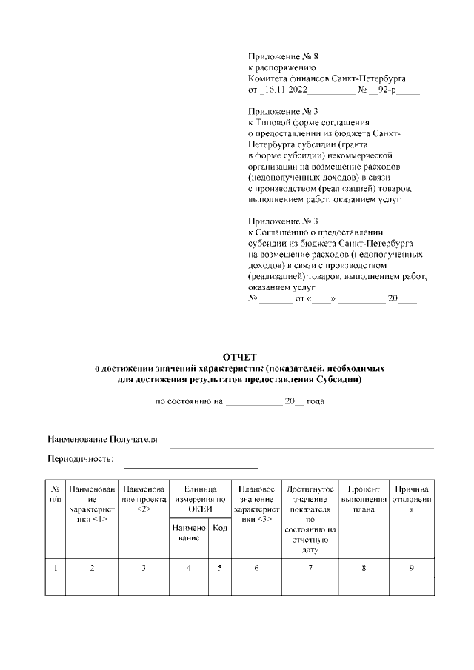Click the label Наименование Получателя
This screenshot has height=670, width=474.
[103, 439]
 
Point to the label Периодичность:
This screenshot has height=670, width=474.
[80, 459]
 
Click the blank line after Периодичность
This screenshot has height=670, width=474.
[190, 466]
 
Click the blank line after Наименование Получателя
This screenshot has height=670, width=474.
[301, 446]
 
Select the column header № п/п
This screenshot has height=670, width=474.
[56, 495]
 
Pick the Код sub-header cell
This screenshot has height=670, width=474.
[220, 528]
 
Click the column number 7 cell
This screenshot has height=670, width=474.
[310, 568]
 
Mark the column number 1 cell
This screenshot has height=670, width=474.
[56, 568]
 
